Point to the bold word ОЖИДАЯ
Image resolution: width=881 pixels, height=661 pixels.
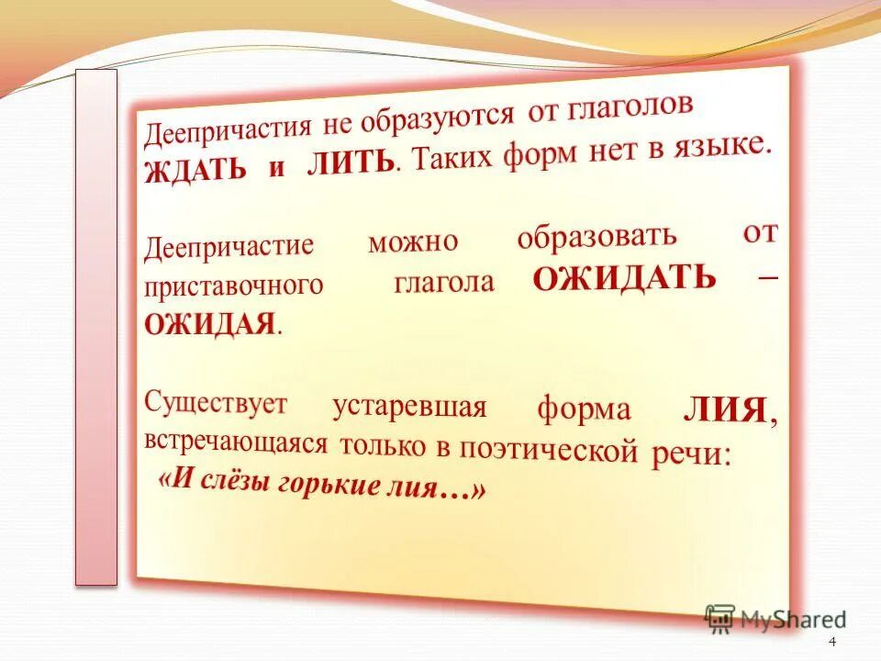click(x=210, y=323)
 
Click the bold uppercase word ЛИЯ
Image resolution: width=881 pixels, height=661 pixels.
click(x=725, y=410)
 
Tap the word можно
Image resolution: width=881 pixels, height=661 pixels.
click(x=413, y=241)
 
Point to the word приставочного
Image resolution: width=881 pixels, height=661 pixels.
click(x=234, y=286)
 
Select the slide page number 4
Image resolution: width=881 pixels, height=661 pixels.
click(x=832, y=642)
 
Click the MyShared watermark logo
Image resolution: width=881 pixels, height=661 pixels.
click(x=776, y=620)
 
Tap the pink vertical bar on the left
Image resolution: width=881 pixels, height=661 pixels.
click(x=96, y=326)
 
